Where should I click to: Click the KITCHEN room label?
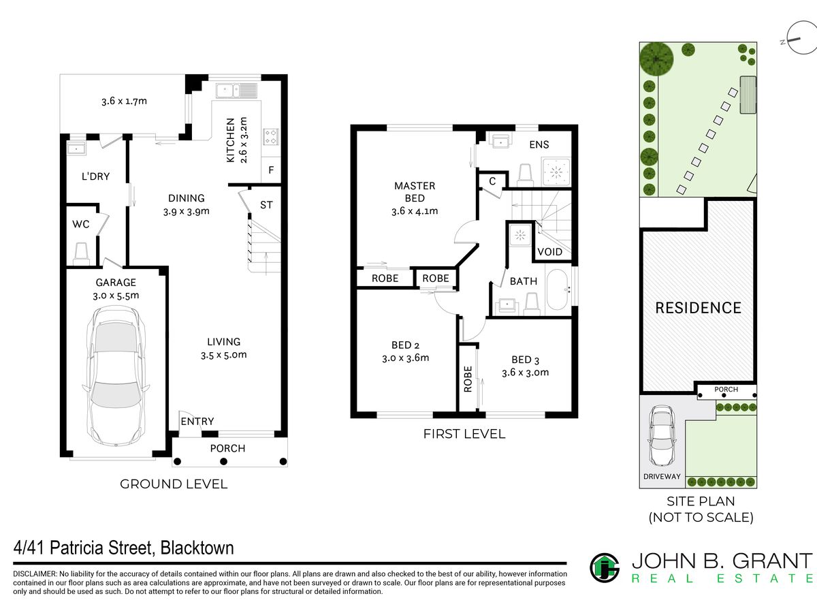tap(231, 140)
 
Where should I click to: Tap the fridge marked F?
tap(271, 170)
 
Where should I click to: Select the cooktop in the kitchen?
tap(271, 137)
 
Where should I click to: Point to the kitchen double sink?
tap(237, 91)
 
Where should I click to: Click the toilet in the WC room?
tap(81, 254)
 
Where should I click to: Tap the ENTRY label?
tap(197, 422)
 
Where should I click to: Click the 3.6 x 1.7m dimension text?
tap(125, 101)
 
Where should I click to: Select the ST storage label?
tap(266, 205)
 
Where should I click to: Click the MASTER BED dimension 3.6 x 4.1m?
tap(415, 211)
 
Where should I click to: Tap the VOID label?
tap(549, 252)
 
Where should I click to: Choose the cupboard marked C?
tap(492, 181)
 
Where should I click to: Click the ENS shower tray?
tap(556, 172)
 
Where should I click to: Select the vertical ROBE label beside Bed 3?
tap(468, 379)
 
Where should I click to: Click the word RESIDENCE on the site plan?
tap(699, 308)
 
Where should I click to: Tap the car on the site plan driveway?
tap(662, 435)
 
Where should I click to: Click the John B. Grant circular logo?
tap(605, 567)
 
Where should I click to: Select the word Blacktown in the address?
tap(197, 548)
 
